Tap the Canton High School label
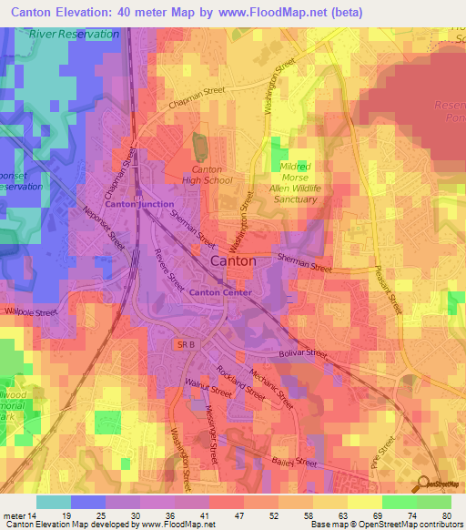tap(212, 175)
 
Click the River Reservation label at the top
tap(74, 34)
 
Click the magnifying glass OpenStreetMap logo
tap(422, 484)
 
